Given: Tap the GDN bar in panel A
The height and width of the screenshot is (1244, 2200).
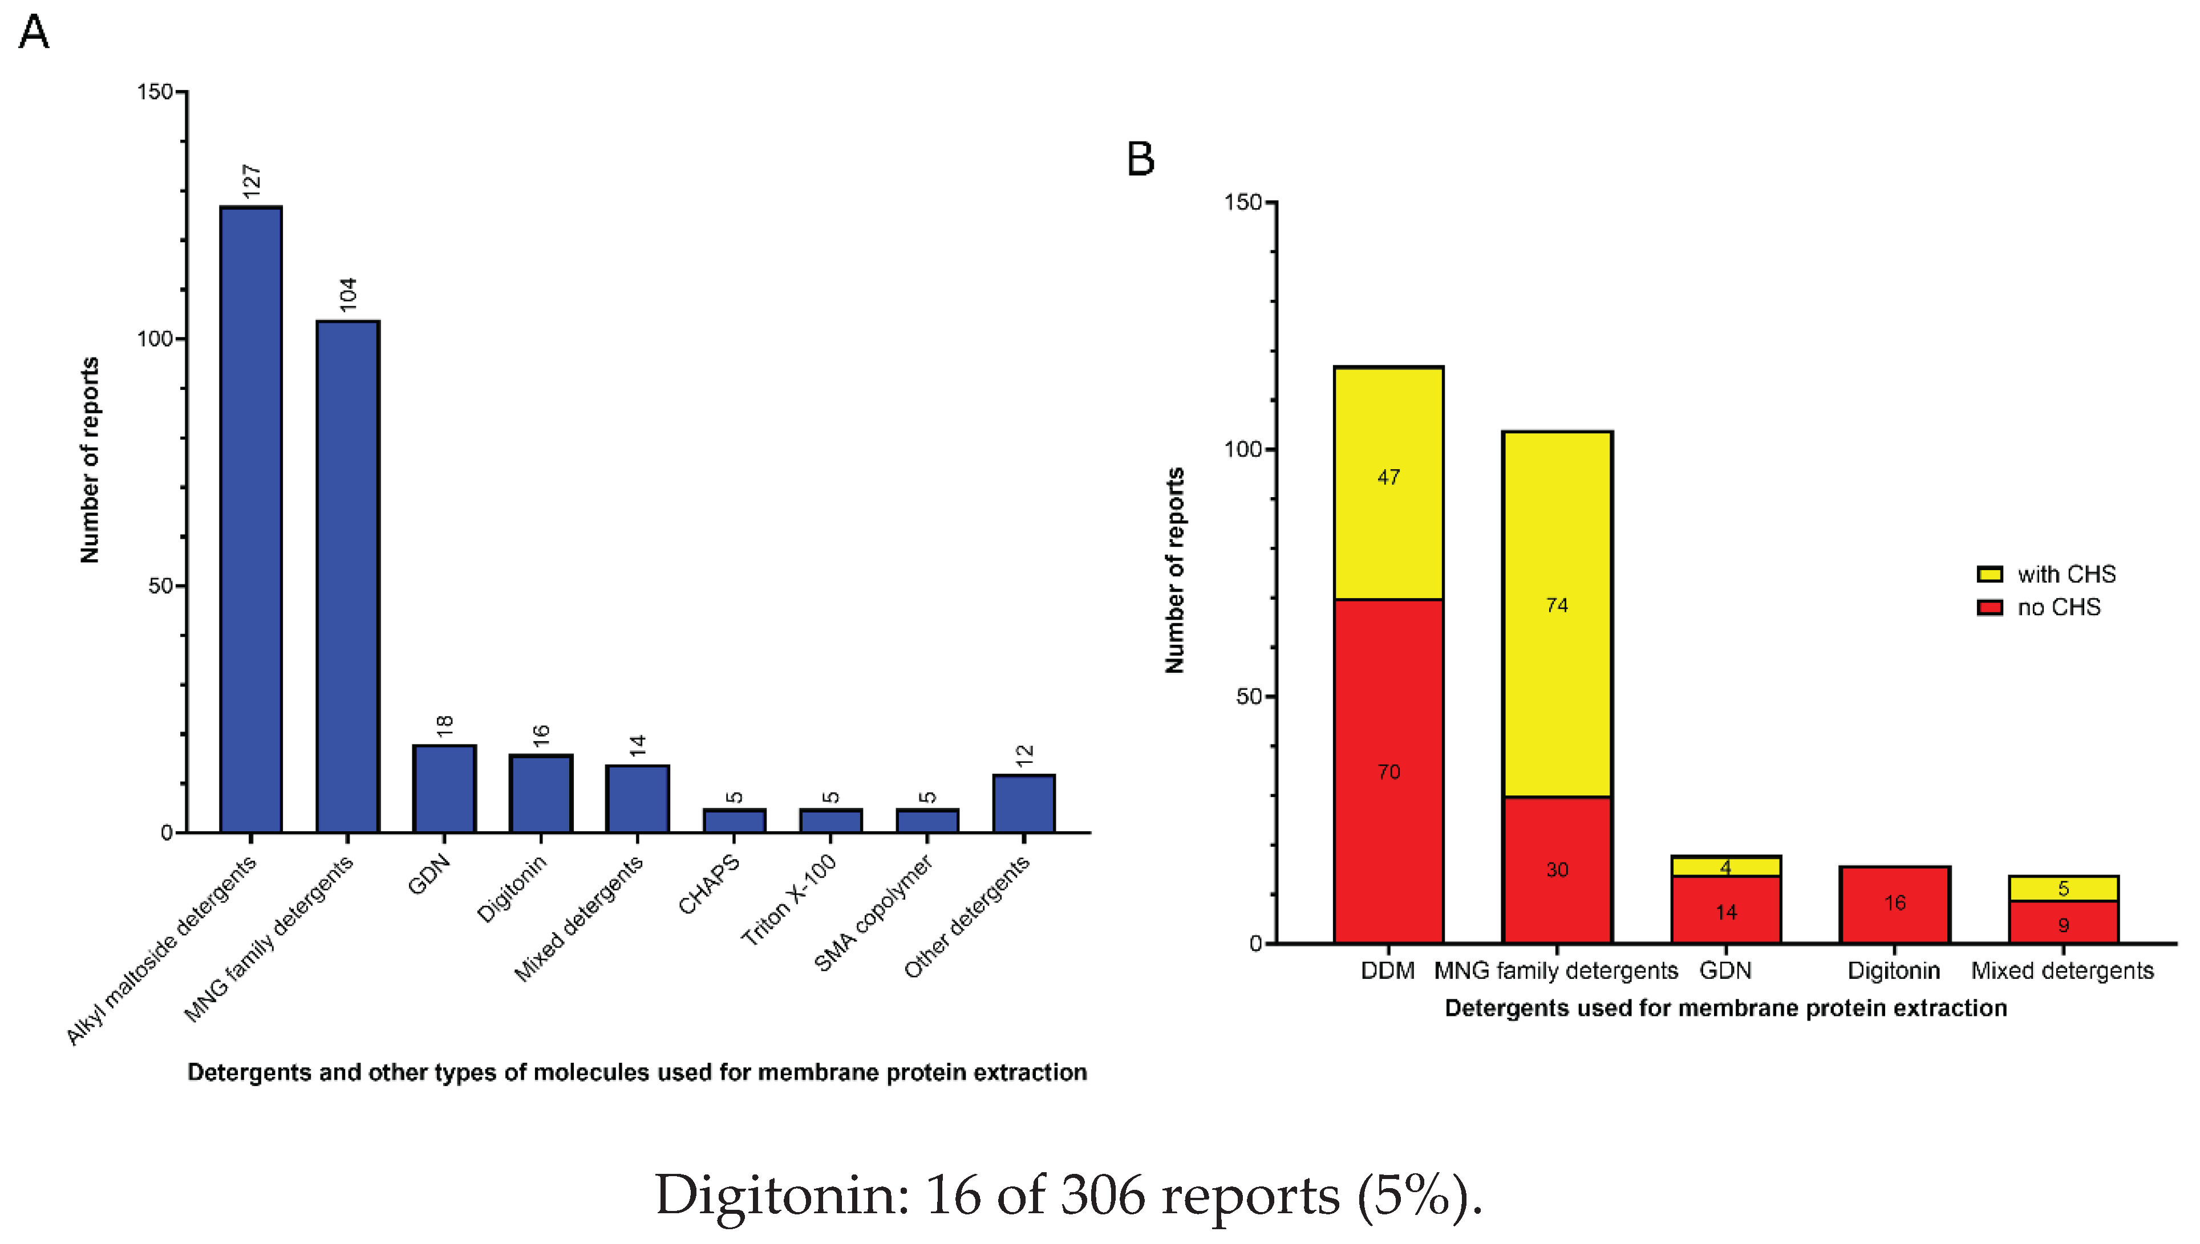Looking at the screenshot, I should tap(444, 788).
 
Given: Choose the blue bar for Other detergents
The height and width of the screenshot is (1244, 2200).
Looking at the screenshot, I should tap(1023, 803).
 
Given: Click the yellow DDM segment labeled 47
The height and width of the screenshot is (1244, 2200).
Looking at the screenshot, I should tap(1388, 483).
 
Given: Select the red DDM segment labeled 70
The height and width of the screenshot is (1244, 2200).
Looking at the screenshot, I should tap(1388, 771).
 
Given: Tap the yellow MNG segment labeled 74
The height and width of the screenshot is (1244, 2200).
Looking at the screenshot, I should tap(1557, 613).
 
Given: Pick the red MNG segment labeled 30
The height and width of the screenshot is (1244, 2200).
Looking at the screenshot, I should tap(1557, 870).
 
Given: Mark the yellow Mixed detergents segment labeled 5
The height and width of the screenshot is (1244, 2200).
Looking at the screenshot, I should tap(2063, 889).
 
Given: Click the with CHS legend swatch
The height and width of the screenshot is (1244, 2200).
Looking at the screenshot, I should tap(1989, 574).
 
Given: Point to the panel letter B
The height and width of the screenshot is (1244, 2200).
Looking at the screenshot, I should tap(1140, 159).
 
